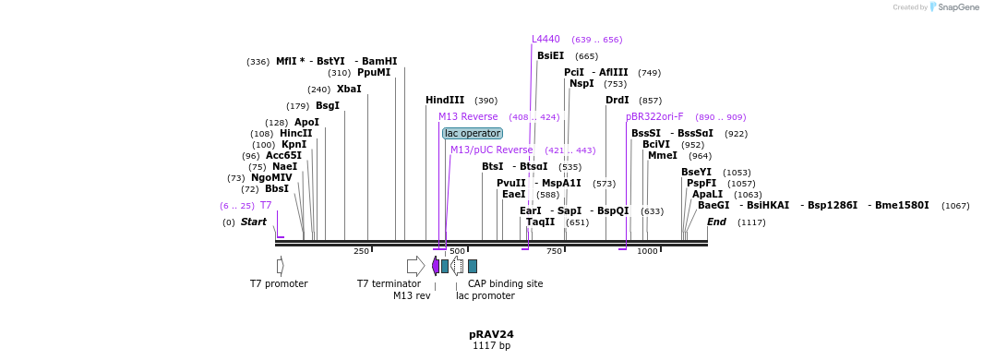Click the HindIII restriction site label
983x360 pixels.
[x=445, y=100]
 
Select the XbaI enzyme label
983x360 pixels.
[x=349, y=90]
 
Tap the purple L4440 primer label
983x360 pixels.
[x=545, y=40]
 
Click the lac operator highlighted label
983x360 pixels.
[x=473, y=133]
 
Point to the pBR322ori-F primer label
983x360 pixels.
[x=654, y=117]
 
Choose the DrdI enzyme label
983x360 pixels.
[x=617, y=100]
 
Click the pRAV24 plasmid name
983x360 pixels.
[x=491, y=334]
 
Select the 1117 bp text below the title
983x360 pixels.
[x=491, y=346]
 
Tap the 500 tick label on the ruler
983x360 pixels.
[x=457, y=251]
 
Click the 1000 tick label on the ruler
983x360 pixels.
[x=647, y=251]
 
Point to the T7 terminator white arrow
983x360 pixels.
[x=415, y=266]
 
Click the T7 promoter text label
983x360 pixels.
[x=279, y=283]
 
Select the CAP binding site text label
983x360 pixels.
[x=505, y=283]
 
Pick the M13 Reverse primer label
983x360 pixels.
[x=468, y=117]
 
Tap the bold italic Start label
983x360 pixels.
[x=254, y=222]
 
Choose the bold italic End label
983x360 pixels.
[x=716, y=222]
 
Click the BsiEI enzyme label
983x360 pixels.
[x=550, y=56]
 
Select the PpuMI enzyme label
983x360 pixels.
[x=374, y=73]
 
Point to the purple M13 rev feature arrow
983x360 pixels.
[x=436, y=266]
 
